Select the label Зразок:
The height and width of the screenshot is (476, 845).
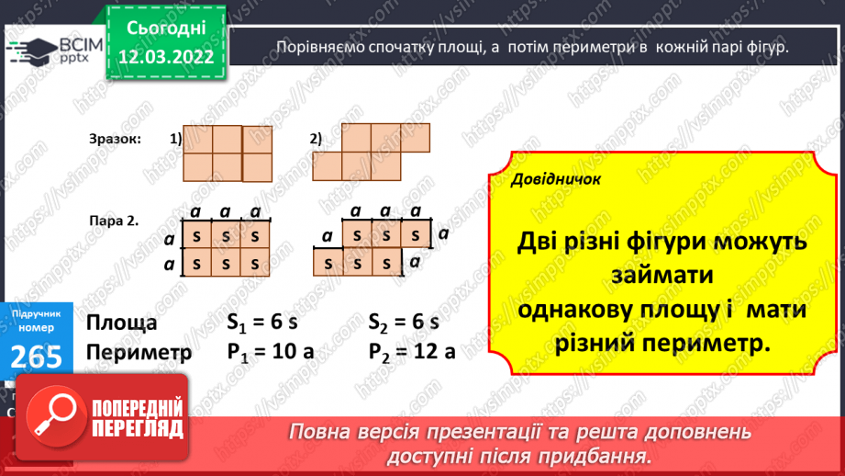pyautogui.click(x=116, y=139)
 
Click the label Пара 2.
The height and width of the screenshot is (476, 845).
pyautogui.click(x=114, y=221)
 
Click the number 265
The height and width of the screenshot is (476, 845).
pyautogui.click(x=38, y=355)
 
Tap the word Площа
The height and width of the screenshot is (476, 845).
pyautogui.click(x=121, y=323)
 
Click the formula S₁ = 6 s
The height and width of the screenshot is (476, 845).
pyautogui.click(x=263, y=323)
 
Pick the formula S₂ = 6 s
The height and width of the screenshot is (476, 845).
pyautogui.click(x=405, y=323)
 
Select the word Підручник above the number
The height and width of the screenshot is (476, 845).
pyautogui.click(x=37, y=313)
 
